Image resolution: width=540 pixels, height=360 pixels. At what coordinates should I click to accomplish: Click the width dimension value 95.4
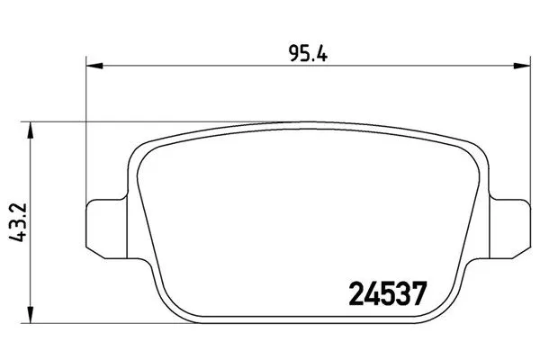308,53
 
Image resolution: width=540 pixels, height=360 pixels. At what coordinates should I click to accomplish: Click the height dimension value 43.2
17,223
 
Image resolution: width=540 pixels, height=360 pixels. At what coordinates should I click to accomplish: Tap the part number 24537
388,294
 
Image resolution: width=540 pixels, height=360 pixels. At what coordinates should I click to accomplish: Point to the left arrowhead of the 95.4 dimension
94,65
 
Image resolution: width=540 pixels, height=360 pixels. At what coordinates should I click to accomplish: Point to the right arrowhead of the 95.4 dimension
522,65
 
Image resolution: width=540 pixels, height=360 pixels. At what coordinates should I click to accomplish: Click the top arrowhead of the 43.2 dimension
31,130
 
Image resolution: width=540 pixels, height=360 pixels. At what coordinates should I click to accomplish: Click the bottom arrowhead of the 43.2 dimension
31,315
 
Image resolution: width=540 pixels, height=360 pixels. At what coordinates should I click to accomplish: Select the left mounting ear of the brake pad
106,229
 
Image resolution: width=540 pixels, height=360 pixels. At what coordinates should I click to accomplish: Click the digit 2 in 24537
356,294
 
